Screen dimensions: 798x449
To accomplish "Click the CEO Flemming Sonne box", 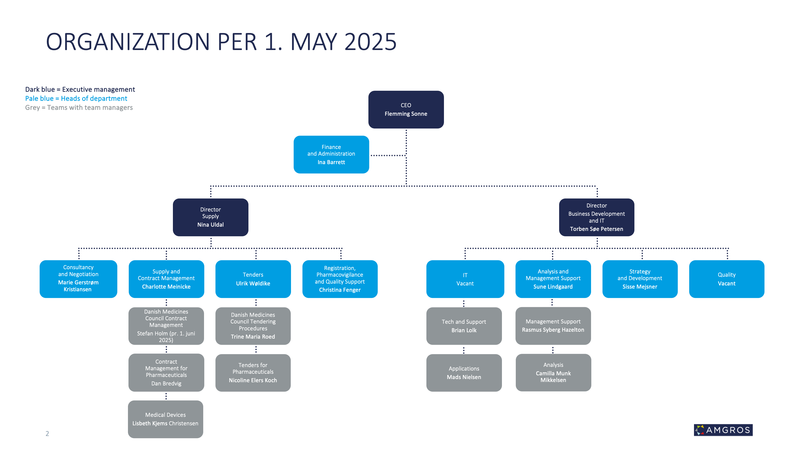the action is [406, 109].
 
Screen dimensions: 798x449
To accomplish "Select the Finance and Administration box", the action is [331, 154].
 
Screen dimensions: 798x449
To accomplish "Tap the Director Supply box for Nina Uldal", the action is [210, 217].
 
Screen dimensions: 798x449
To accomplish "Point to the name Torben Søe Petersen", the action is [596, 229].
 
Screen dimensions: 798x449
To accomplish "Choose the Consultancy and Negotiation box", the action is [78, 279].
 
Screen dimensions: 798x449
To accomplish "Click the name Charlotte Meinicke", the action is [166, 287].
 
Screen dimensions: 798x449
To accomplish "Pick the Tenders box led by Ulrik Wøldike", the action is [253, 279].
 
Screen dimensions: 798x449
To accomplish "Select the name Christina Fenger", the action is [340, 290].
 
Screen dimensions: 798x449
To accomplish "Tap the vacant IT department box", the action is [465, 279].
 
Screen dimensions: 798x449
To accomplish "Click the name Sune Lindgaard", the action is [553, 287].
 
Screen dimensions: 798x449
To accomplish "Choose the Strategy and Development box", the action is [640, 279].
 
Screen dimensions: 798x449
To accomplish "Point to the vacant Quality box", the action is [726, 279].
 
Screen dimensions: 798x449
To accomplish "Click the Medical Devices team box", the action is [165, 419].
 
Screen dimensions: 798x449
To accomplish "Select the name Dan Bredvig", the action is [166, 383].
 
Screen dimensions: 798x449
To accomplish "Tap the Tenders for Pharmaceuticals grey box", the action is [253, 372].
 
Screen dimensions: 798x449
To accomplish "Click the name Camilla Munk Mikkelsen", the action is [553, 376].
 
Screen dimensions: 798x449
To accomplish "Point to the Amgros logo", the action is [723, 430].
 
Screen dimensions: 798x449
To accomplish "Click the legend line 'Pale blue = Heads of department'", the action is [76, 98].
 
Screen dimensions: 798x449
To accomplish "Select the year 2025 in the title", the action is [370, 41].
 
